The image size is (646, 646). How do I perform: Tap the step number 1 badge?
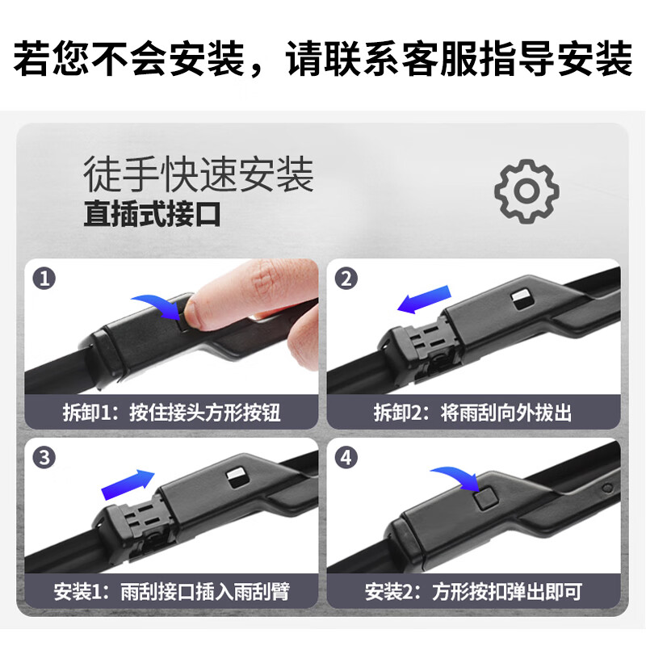click(44, 279)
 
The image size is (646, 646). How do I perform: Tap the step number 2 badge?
click(347, 279)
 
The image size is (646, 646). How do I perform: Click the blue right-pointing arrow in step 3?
click(128, 484)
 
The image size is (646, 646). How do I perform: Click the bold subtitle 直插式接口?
click(152, 216)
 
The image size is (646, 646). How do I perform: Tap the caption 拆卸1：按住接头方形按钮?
click(171, 413)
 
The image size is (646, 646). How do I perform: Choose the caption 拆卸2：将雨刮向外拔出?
click(472, 413)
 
